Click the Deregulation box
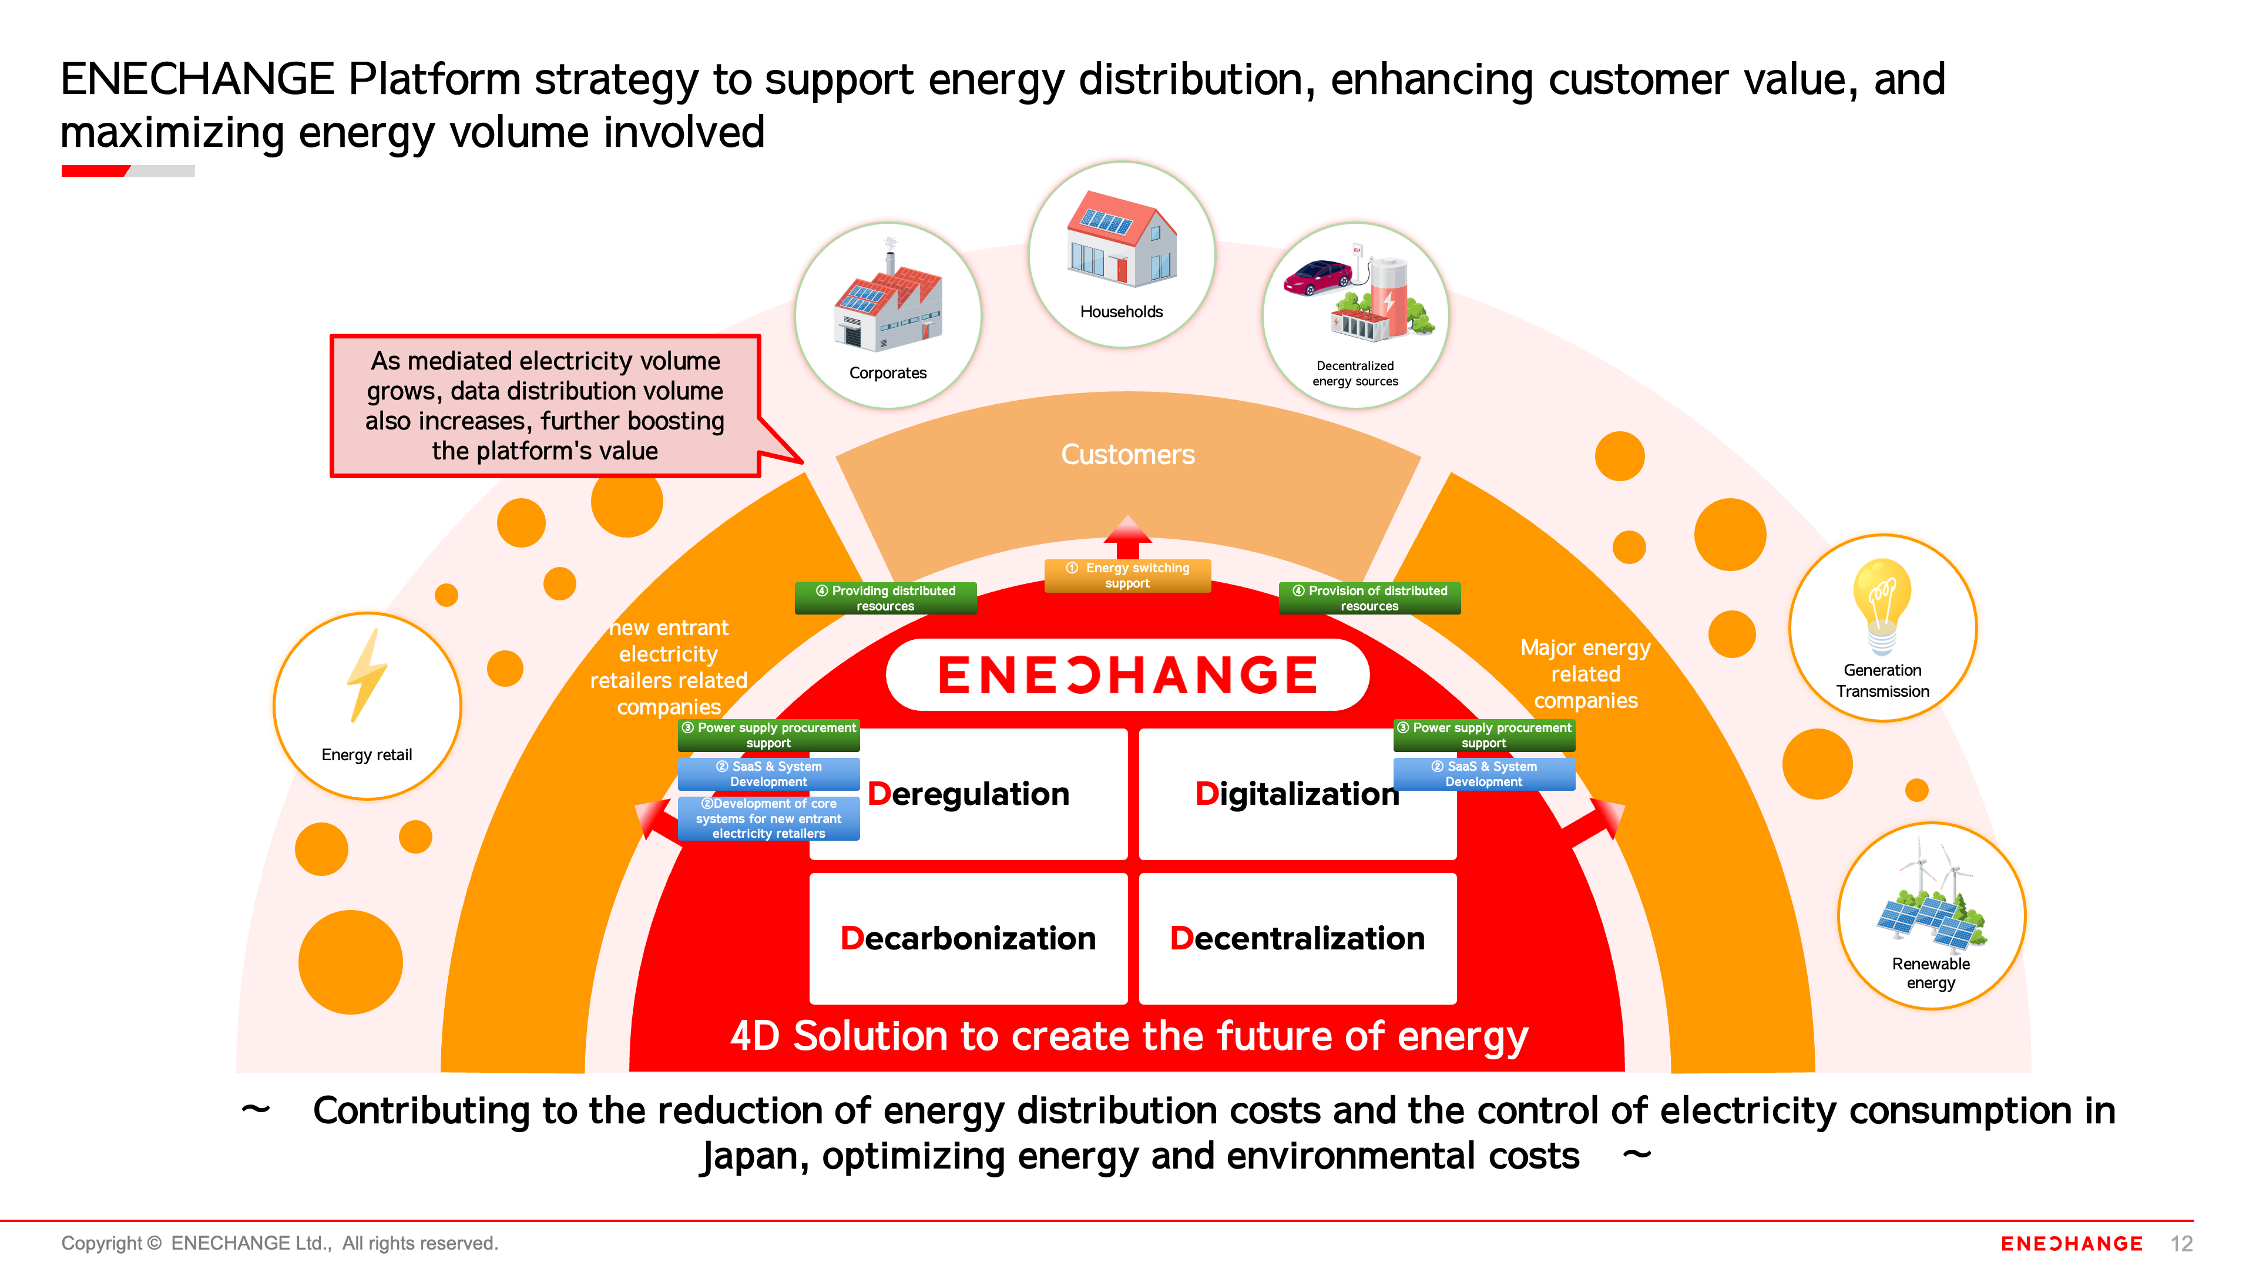(x=968, y=794)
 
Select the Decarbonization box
(x=968, y=938)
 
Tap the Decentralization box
(x=1297, y=938)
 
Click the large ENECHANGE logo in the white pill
(x=1127, y=674)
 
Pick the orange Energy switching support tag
(x=1127, y=575)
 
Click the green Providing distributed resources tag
(x=885, y=598)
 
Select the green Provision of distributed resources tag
(x=1369, y=598)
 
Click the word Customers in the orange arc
(x=1127, y=455)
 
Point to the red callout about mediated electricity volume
(x=545, y=405)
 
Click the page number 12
(x=2181, y=1244)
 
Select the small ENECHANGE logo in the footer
(x=2071, y=1244)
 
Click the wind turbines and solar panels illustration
(x=1930, y=902)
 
